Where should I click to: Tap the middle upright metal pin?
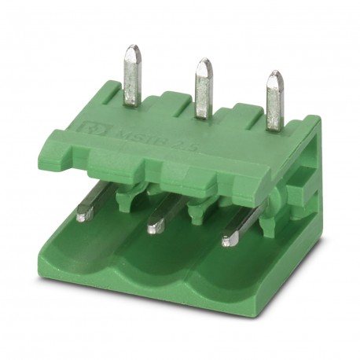[204, 89]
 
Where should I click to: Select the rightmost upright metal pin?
[274, 101]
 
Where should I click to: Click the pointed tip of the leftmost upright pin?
[133, 50]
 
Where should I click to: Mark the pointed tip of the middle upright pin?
[204, 63]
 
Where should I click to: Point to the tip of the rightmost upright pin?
[274, 75]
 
